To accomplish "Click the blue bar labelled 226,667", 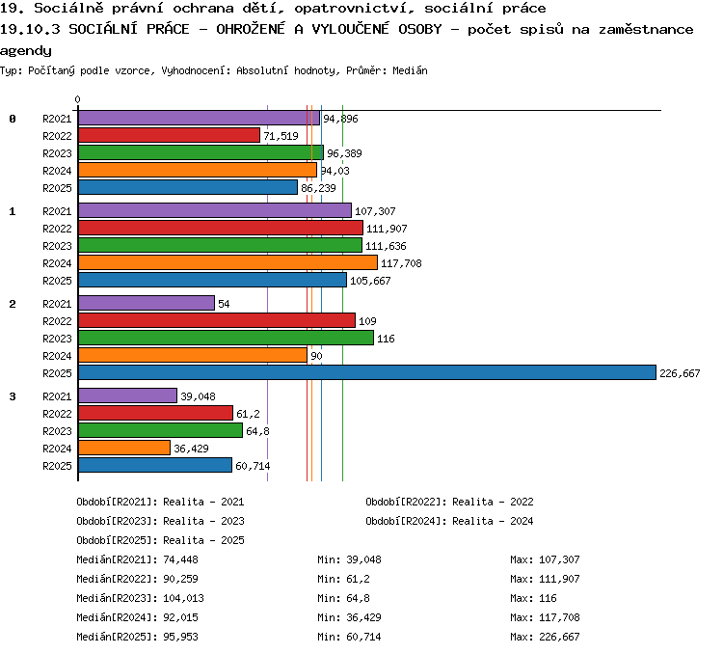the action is [x=367, y=372].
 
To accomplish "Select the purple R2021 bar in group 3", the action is [x=127, y=395].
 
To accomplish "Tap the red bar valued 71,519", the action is [x=170, y=135].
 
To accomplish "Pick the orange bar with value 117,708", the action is [x=228, y=262].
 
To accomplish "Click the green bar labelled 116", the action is [x=226, y=338].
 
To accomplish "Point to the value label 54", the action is [x=224, y=304].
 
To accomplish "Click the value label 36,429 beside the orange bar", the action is [x=192, y=449].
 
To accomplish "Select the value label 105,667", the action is [x=370, y=281].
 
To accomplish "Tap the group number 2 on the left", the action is [x=13, y=304].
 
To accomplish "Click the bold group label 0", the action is [x=13, y=119].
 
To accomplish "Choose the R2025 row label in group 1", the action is [x=57, y=281].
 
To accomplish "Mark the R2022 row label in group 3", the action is [x=57, y=414].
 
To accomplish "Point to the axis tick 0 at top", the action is [x=77, y=99].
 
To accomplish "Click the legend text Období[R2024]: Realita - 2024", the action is [x=449, y=521].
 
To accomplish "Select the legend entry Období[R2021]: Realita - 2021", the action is [x=160, y=502].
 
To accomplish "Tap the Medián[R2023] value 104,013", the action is [x=183, y=598].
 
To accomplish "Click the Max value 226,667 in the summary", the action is [x=559, y=637].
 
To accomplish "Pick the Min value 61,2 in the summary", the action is [x=358, y=579].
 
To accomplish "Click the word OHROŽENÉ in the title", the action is [x=251, y=29].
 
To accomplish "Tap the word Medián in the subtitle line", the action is [x=410, y=70].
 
